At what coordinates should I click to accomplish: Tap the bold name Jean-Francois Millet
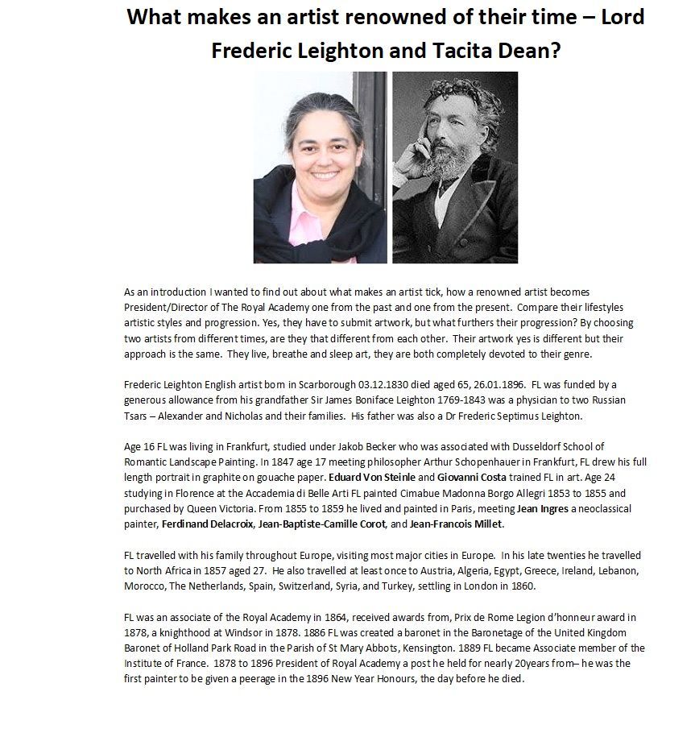coord(456,524)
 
